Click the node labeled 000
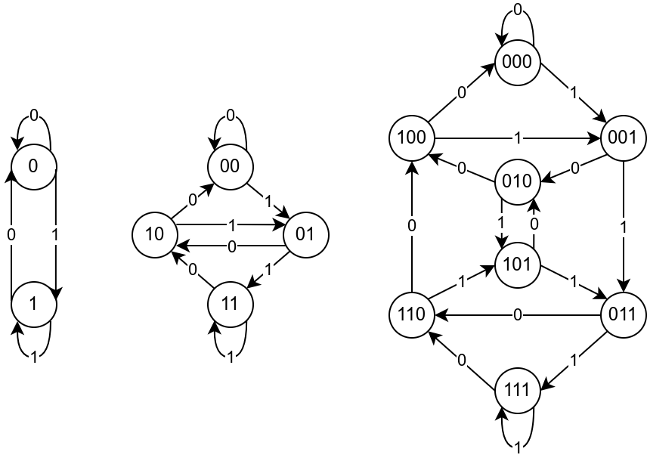[518, 62]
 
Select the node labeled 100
[412, 138]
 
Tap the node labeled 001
[623, 138]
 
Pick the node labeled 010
[518, 181]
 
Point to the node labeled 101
[518, 265]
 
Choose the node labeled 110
[412, 314]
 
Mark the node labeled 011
[623, 314]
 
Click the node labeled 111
[518, 391]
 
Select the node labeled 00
[230, 166]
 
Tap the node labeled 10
[154, 234]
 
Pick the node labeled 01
[305, 234]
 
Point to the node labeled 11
[230, 304]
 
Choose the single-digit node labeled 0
[33, 166]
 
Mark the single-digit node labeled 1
[33, 304]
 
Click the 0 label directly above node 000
[518, 10]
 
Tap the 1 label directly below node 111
[518, 448]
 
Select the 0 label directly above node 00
[231, 116]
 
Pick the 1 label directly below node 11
[231, 357]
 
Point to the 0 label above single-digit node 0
[34, 116]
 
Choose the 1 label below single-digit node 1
[34, 357]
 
